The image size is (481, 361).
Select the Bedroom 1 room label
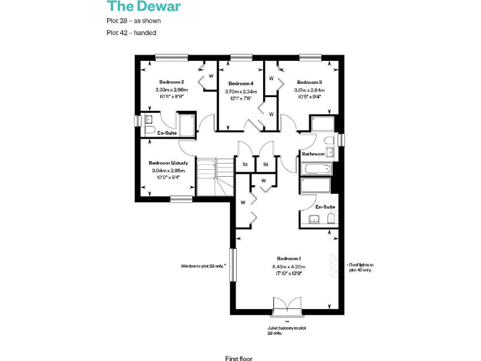(x=289, y=258)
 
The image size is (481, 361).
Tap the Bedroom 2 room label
(x=171, y=82)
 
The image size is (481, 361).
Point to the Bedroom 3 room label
(x=309, y=82)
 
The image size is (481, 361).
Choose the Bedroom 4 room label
(x=240, y=83)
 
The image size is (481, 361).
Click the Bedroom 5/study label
(x=168, y=162)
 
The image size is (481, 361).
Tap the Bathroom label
(x=313, y=154)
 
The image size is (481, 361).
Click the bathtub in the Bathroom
(x=315, y=169)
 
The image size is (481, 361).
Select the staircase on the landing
(x=214, y=176)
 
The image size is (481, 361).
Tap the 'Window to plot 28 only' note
(x=203, y=266)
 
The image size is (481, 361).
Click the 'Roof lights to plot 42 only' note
(x=359, y=267)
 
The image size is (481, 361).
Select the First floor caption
(x=239, y=358)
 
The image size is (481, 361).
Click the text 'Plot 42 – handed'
(x=131, y=33)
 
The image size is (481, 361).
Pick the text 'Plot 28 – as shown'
(x=134, y=21)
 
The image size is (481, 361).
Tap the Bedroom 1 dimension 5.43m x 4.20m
(x=289, y=266)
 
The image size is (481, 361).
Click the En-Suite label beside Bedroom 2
(x=166, y=133)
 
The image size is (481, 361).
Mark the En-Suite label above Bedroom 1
(x=325, y=206)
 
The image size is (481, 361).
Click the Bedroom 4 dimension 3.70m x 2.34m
(x=240, y=92)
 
